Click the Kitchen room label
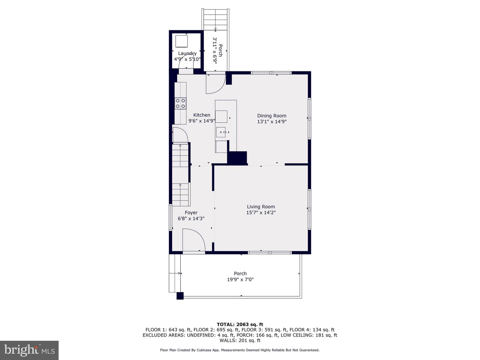[x=202, y=115]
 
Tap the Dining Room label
[x=272, y=116]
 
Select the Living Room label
[x=261, y=207]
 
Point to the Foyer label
[x=191, y=213]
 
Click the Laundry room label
[x=187, y=53]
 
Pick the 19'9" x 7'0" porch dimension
[x=240, y=279]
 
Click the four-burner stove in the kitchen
[x=180, y=104]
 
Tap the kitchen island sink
[x=221, y=132]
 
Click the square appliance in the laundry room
[x=182, y=41]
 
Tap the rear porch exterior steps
[x=215, y=19]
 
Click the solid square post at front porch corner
[x=180, y=296]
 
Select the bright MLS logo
[x=29, y=350]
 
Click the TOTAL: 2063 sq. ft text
[x=240, y=324]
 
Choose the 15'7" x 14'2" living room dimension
[x=261, y=212]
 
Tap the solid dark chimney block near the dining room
[x=237, y=157]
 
